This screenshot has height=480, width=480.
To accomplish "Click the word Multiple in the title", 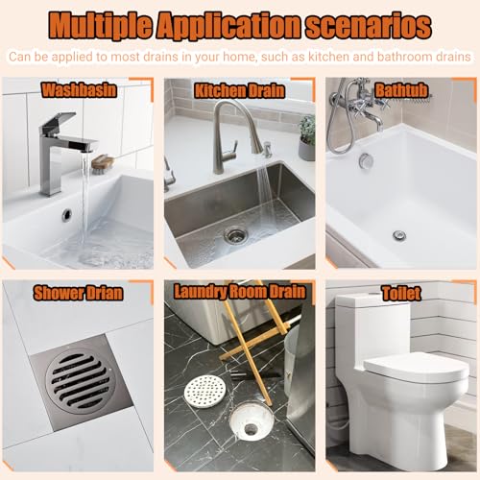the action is click(100, 26).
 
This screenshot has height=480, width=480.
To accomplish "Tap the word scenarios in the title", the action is click(369, 26).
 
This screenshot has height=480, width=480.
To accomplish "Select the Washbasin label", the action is click(79, 90).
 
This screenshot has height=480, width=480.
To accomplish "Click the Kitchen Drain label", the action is click(239, 91).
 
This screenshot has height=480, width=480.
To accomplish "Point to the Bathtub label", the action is click(401, 90).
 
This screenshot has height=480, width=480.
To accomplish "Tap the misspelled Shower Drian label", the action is click(78, 293).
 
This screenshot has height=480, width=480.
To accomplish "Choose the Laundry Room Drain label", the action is click(240, 292).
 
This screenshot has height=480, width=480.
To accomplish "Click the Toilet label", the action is click(401, 293).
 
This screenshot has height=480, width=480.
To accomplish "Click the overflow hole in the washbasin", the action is click(67, 214).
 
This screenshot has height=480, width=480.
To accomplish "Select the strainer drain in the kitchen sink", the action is click(236, 235).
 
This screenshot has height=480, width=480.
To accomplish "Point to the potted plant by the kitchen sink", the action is click(307, 137).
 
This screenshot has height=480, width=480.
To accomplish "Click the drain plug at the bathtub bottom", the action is click(399, 236).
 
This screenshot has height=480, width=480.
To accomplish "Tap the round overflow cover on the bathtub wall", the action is click(365, 159).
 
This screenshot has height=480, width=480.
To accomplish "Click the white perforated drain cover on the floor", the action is click(205, 392).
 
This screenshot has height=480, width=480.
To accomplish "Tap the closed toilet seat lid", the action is click(416, 368).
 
